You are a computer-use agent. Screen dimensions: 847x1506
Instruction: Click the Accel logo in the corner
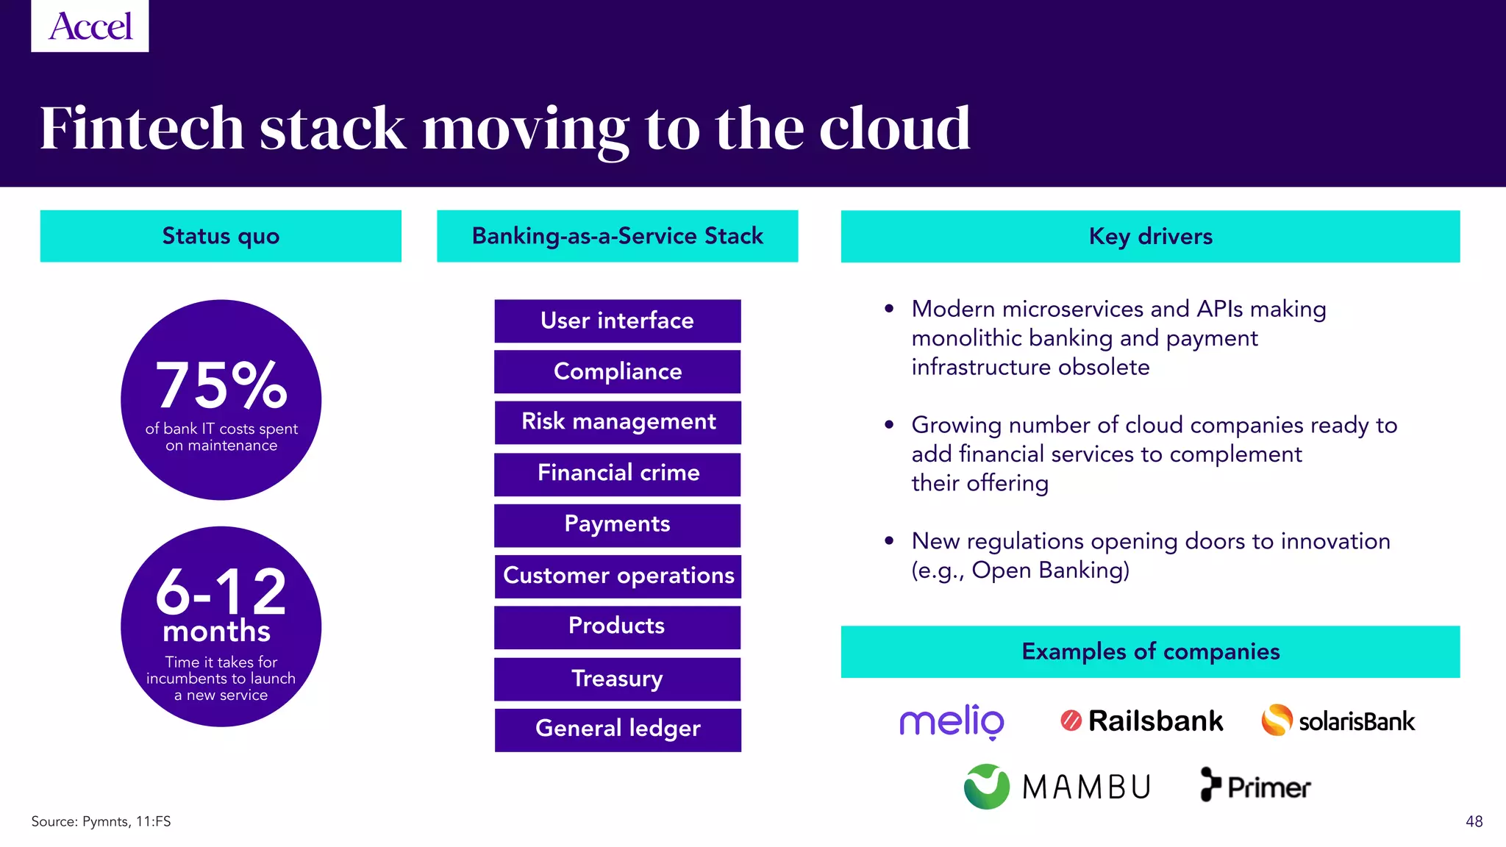click(90, 26)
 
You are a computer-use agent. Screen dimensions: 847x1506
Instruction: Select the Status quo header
click(221, 236)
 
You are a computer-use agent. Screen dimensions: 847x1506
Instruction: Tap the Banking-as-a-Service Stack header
click(617, 236)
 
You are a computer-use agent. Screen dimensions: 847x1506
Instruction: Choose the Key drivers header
click(1150, 236)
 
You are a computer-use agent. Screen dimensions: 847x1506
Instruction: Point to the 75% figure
click(221, 385)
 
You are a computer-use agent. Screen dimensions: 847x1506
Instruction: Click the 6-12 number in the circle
click(221, 592)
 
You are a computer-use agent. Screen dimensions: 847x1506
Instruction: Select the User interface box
click(617, 321)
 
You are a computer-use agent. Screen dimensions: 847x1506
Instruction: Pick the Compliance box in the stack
click(617, 371)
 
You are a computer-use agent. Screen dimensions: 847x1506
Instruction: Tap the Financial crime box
click(617, 473)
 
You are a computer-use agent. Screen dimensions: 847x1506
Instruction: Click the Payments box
click(617, 524)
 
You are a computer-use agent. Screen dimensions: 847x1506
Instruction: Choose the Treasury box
click(617, 678)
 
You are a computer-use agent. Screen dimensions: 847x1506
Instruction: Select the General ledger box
click(617, 729)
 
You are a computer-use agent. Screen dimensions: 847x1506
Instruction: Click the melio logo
click(952, 721)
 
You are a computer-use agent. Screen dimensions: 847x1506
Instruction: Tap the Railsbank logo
click(1142, 721)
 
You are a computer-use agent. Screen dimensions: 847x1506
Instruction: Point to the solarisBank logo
click(1338, 721)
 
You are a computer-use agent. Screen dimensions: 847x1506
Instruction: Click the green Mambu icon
click(986, 787)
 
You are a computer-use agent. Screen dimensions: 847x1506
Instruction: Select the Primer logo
click(1255, 786)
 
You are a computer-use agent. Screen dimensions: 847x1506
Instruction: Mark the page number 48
click(1474, 821)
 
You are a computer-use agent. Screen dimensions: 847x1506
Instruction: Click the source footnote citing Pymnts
click(101, 821)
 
